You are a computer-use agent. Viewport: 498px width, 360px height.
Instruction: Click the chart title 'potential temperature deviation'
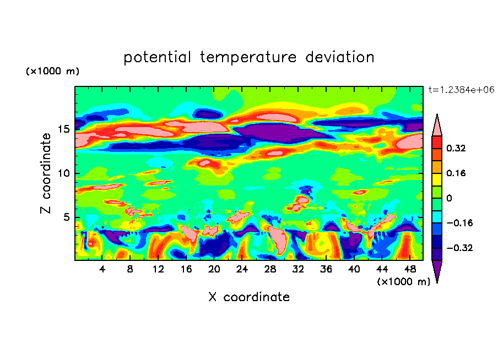(x=249, y=57)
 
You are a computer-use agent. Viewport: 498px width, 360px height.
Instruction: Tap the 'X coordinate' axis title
(x=249, y=297)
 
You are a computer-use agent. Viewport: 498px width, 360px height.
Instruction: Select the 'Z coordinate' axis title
(x=46, y=173)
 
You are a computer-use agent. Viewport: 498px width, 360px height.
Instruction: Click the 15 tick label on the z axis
(x=65, y=129)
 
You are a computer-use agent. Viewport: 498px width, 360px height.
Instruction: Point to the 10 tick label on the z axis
(x=65, y=173)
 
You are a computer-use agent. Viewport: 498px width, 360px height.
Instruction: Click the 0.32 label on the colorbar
(x=457, y=148)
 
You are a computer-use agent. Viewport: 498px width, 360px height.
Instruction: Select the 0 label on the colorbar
(x=449, y=198)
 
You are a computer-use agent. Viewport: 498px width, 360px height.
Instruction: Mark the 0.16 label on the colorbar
(x=457, y=173)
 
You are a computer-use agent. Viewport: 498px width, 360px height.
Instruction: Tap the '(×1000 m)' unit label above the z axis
(x=52, y=72)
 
